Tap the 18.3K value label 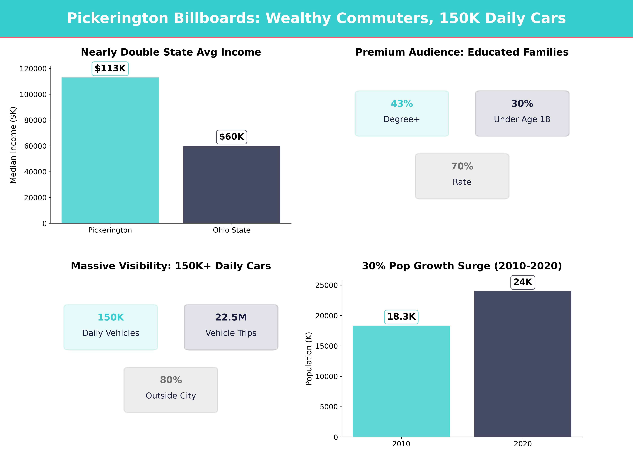coord(401,317)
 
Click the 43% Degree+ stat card coord(402,113)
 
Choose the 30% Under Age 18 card coord(522,113)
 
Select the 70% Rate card coord(462,176)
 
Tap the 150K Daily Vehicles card coord(111,327)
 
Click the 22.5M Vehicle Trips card coord(231,327)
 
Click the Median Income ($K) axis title coord(13,145)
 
